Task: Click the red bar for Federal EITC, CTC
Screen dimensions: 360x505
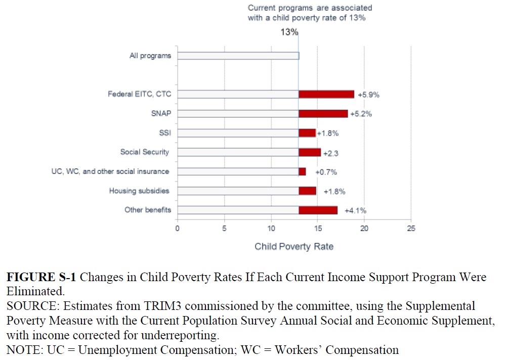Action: pos(326,94)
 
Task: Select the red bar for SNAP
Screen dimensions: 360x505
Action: pos(323,114)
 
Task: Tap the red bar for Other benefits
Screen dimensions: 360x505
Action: pos(318,210)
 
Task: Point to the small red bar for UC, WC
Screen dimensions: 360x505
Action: pos(302,172)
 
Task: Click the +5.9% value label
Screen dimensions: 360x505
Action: pos(368,95)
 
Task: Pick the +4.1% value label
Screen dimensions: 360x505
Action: pos(355,210)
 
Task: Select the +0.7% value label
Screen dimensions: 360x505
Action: pos(326,172)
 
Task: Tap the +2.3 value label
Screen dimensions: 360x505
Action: pos(331,153)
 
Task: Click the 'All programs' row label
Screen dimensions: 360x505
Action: pos(150,56)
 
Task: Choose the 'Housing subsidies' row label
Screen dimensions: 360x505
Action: pos(139,191)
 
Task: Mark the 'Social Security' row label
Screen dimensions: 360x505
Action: pos(145,152)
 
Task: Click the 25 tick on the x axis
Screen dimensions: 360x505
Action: pos(411,229)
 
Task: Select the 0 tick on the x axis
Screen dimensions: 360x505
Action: pos(178,229)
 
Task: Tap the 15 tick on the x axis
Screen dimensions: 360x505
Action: pos(317,229)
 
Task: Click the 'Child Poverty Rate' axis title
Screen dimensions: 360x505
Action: pos(294,247)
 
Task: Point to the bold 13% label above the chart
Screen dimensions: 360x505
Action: pos(290,32)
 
